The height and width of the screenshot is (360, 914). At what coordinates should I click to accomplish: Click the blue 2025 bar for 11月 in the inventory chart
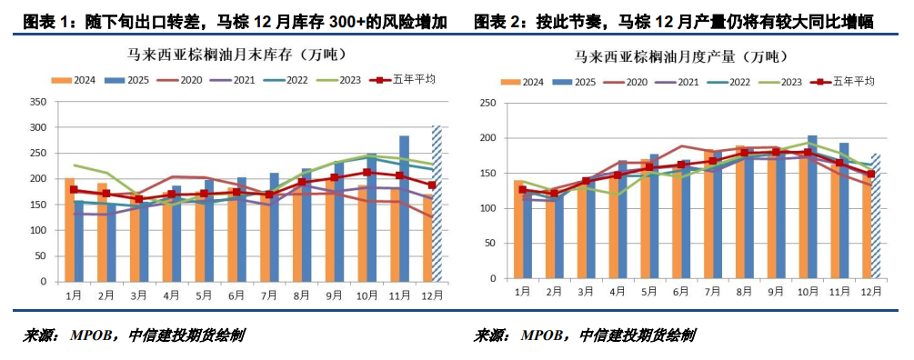(404, 208)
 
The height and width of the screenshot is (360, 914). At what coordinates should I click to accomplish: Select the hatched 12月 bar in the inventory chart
(437, 204)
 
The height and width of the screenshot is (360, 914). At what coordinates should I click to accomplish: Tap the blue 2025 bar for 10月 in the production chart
(812, 206)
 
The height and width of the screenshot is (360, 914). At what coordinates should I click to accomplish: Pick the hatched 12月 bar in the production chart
(876, 216)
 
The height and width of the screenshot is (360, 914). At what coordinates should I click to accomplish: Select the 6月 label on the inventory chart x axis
(236, 296)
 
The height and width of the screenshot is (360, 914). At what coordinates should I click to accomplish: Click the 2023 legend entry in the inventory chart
(340, 80)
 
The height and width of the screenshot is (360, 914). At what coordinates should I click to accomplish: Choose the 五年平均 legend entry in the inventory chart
(404, 80)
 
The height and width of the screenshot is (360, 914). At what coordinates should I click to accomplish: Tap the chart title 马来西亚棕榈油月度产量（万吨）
(681, 57)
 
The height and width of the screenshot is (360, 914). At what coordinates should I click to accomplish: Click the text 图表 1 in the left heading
(42, 23)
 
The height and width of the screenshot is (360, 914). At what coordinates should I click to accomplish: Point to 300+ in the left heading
(346, 23)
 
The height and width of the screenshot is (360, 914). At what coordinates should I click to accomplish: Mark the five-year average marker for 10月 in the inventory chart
(367, 173)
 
